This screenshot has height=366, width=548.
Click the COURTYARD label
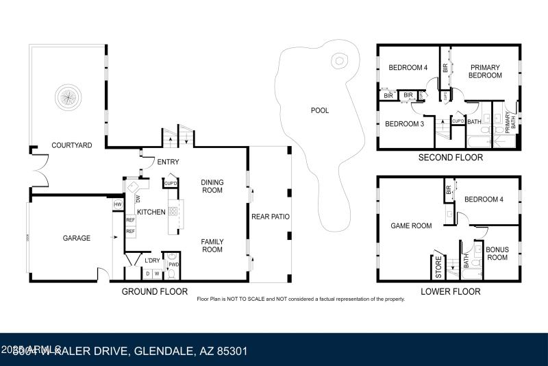pos(72,145)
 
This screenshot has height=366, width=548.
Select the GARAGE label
pos(77,238)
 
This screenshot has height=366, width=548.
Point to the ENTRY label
pos(168,162)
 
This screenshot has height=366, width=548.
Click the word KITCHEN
pos(151,212)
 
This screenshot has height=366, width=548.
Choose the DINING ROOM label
pos(212,186)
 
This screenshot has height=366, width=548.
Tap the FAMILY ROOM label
pos(212,245)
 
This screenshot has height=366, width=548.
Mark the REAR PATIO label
pos(271,217)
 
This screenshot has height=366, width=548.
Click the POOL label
pos(320,110)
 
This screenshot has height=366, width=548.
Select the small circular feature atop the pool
pos(338,61)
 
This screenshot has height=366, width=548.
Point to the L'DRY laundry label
pos(152,260)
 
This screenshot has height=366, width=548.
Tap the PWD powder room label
pos(174,264)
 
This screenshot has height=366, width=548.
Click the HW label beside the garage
pos(118,204)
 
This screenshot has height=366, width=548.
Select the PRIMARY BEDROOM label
pos(485,72)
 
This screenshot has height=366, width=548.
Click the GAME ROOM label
pos(411,225)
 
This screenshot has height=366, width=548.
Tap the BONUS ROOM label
pos(497,254)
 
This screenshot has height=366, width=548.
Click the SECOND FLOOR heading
pos(450,158)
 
